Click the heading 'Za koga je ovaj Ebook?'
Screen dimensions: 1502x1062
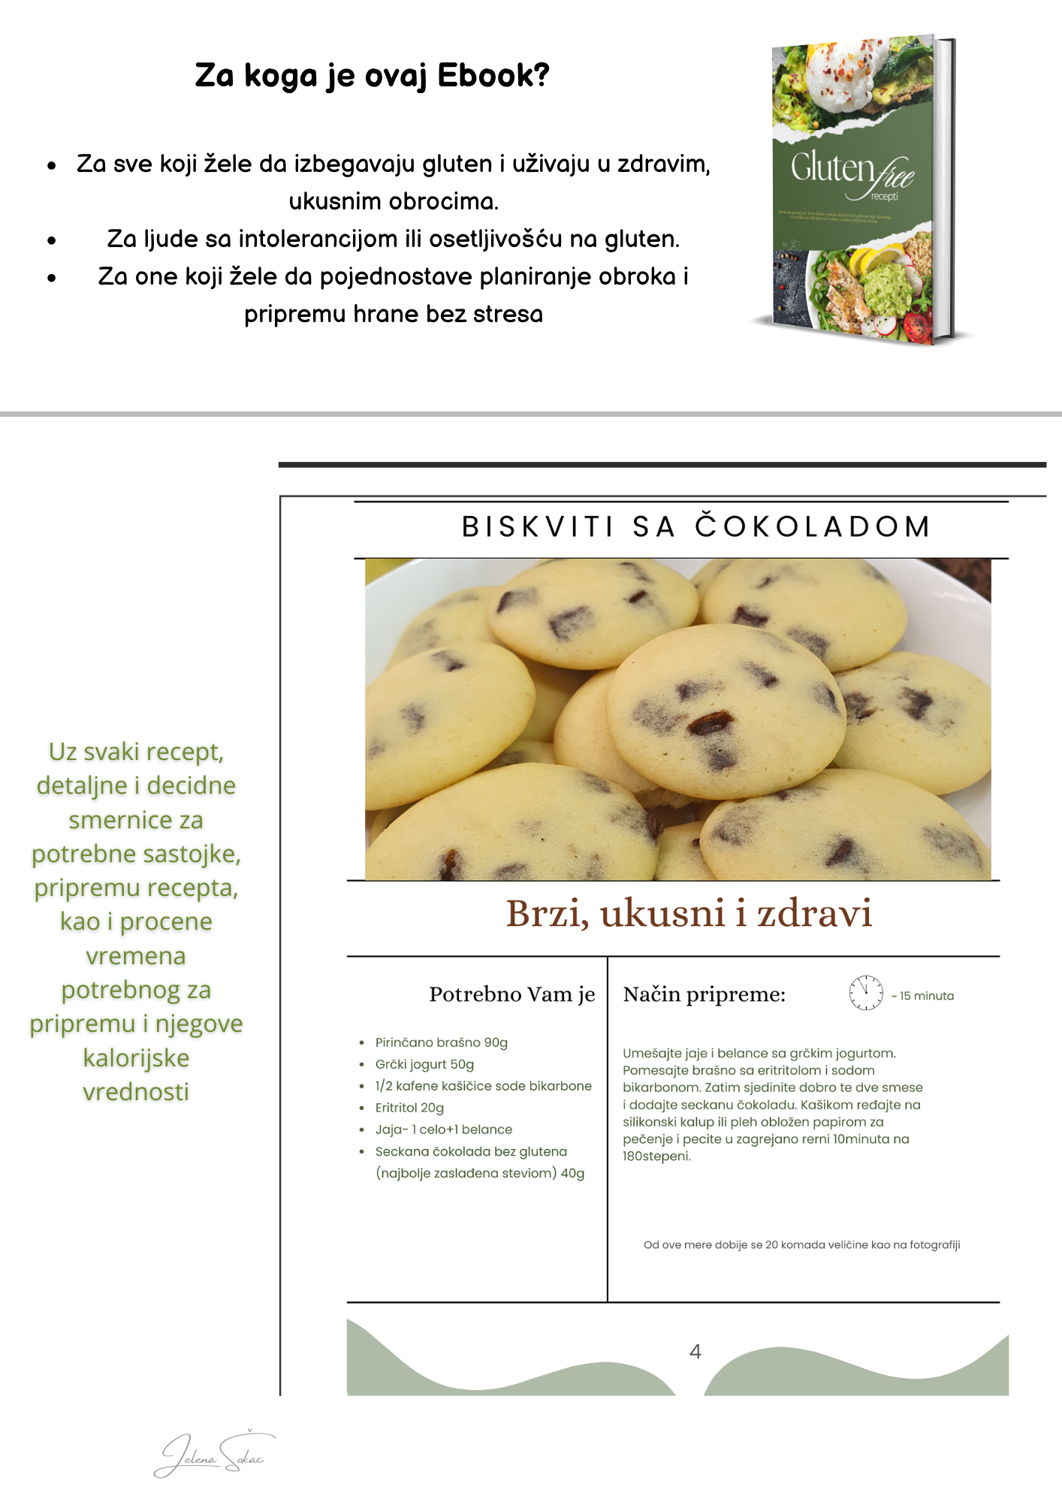click(372, 76)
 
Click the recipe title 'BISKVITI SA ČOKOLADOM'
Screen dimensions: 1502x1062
click(696, 527)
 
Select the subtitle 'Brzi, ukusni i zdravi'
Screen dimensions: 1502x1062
click(689, 914)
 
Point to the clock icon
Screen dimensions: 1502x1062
click(865, 994)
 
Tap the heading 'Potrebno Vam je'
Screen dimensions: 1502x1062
click(511, 994)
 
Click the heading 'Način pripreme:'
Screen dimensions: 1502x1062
click(704, 994)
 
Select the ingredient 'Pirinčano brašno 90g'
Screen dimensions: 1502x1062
click(441, 1042)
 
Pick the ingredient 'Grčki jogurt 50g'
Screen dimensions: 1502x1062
click(424, 1064)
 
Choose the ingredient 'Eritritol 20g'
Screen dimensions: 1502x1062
click(409, 1108)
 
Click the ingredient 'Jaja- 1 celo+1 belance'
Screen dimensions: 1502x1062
click(443, 1130)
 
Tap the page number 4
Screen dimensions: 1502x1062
click(695, 1352)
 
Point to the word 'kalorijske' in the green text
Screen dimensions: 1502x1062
click(136, 1058)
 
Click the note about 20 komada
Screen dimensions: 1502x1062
click(801, 1245)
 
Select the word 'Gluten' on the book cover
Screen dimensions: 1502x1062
click(831, 167)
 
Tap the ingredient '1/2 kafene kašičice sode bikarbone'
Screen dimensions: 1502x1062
click(483, 1086)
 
